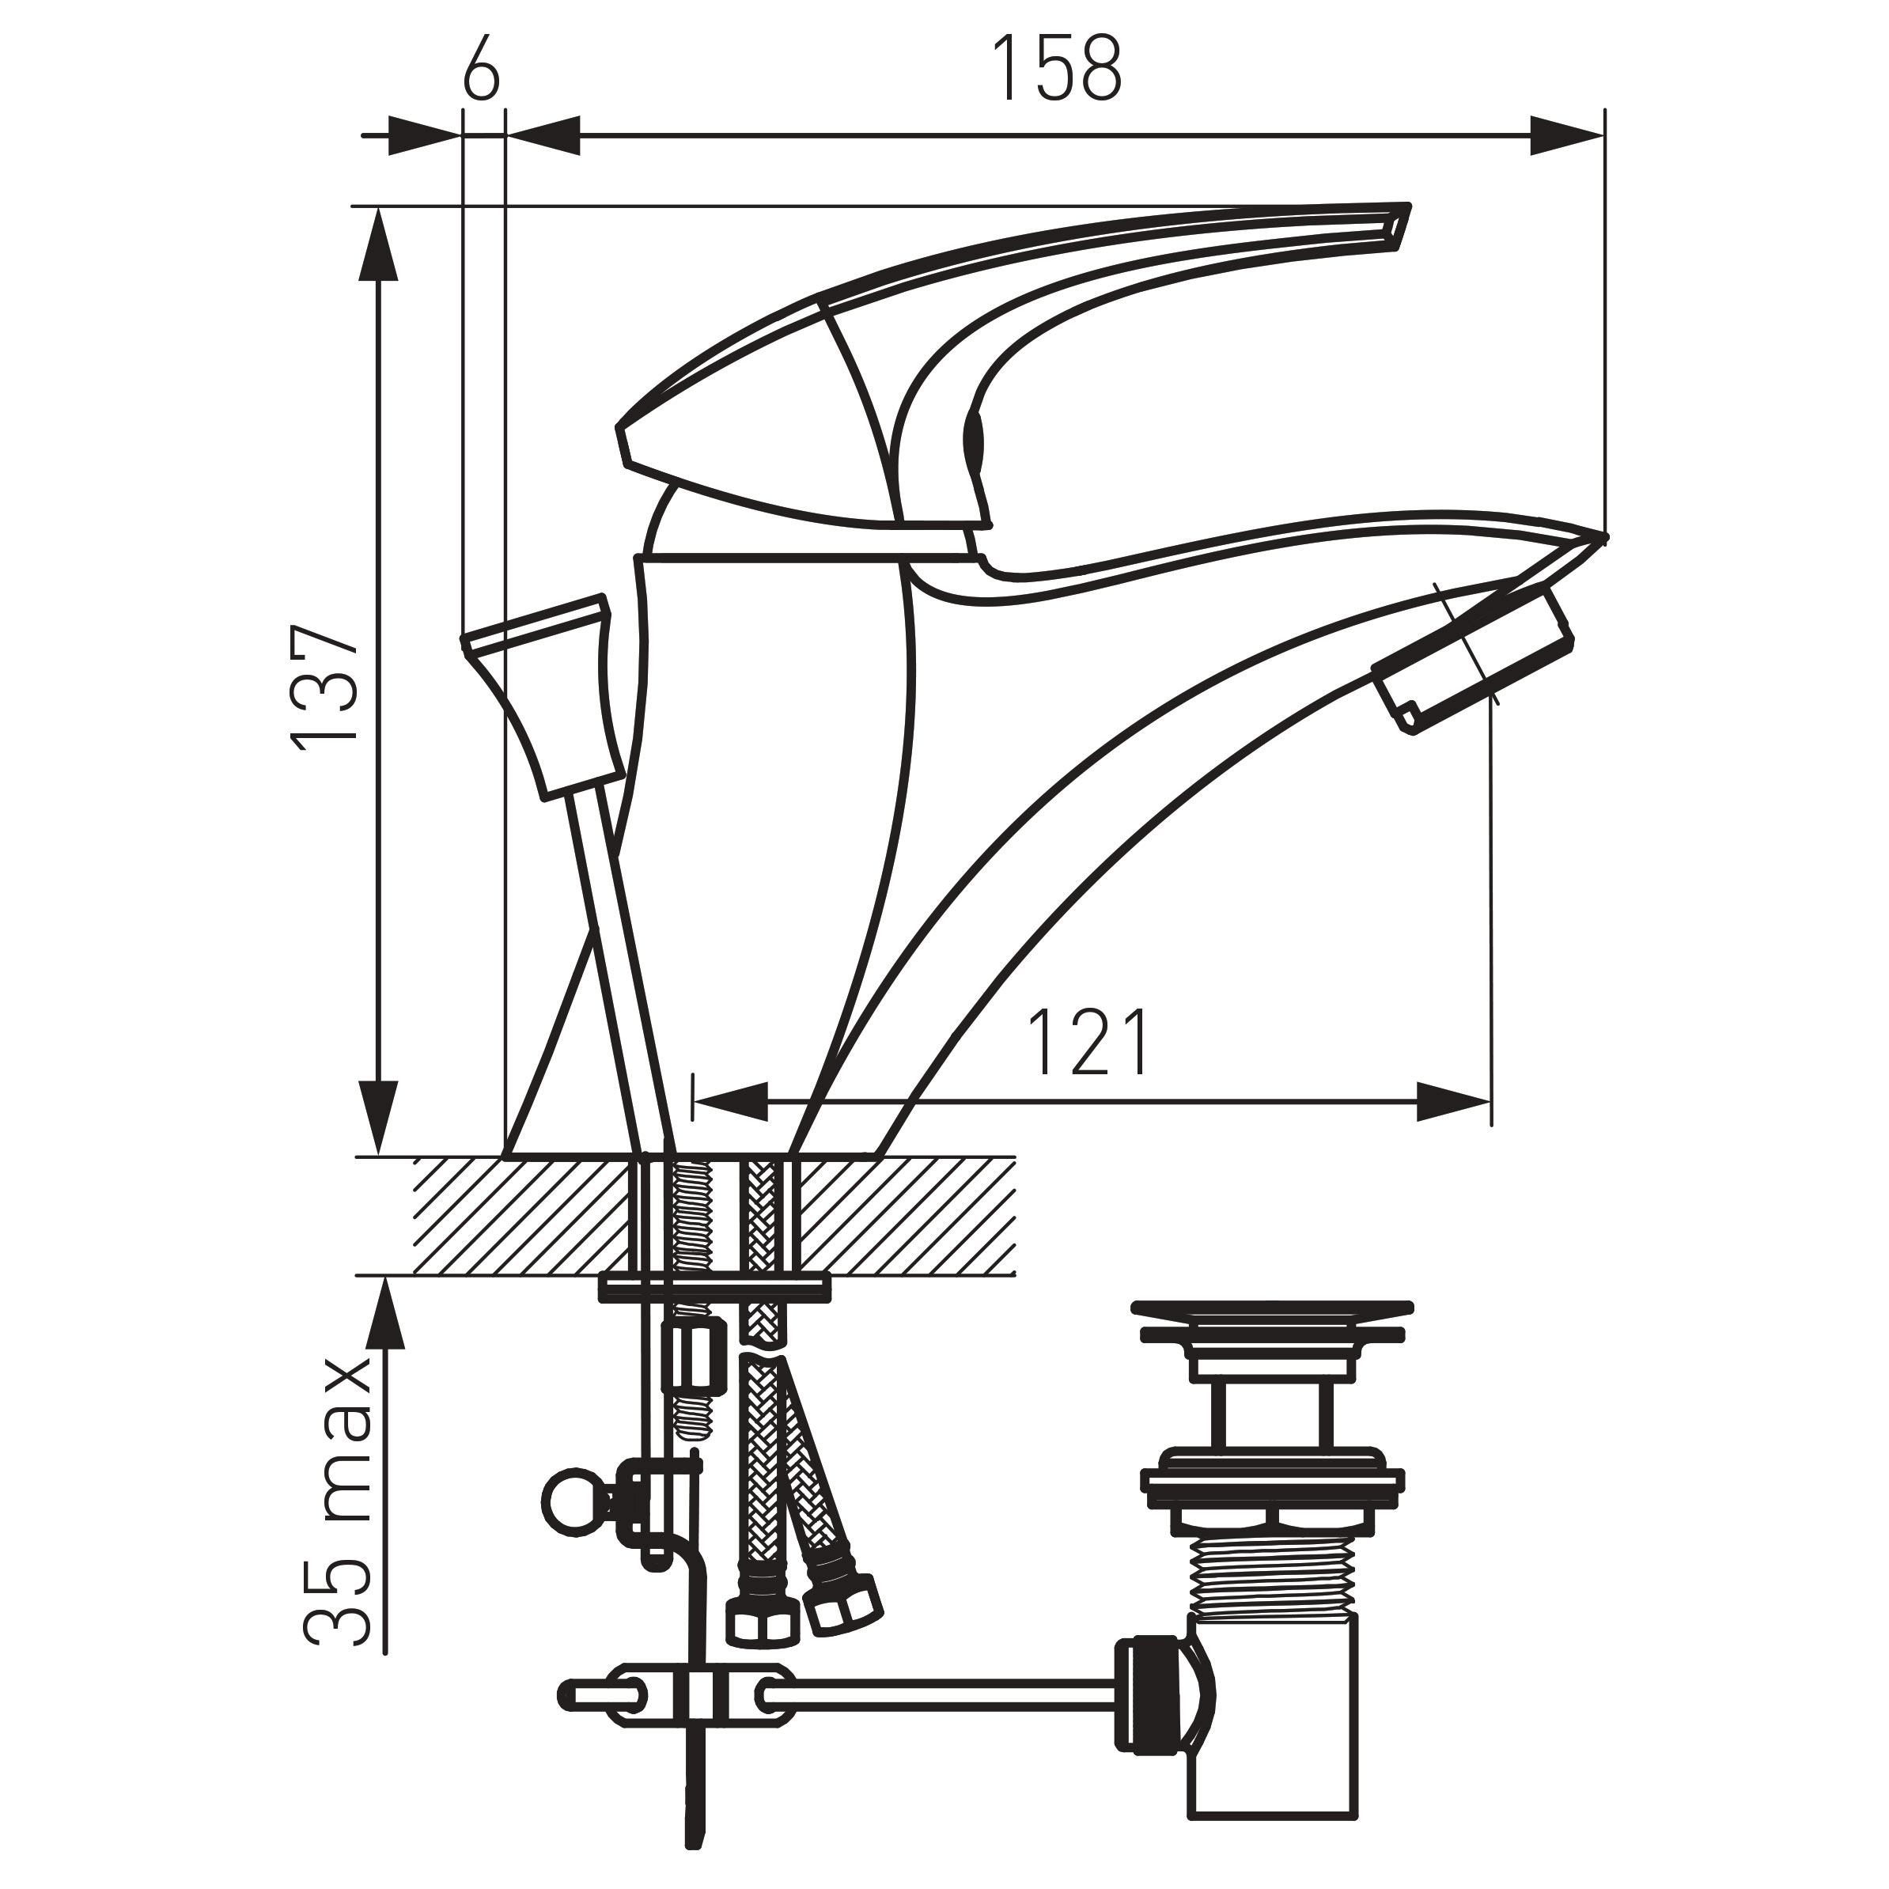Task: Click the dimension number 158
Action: [x=1057, y=69]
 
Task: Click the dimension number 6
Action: [x=480, y=69]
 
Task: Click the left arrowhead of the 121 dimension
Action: [x=729, y=1102]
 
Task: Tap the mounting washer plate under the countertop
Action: [x=714, y=1287]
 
